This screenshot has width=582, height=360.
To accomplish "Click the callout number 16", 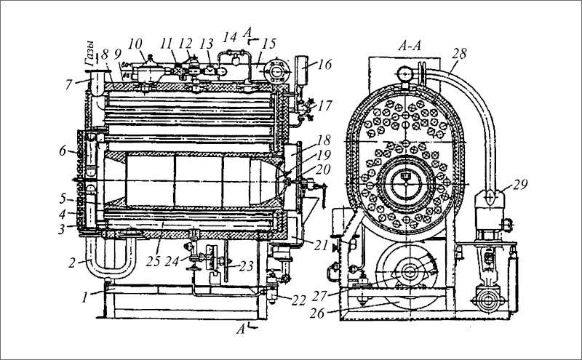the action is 325,65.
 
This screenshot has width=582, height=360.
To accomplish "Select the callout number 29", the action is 519,184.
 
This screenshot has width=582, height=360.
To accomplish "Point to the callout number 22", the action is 298,300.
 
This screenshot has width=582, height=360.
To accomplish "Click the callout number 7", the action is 69,84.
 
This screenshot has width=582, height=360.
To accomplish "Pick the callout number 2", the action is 72,263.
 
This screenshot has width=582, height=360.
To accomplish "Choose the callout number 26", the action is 317,313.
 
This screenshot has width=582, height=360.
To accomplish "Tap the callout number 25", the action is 153,261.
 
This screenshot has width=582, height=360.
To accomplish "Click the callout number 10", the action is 135,44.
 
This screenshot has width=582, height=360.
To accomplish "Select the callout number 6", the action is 63,151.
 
